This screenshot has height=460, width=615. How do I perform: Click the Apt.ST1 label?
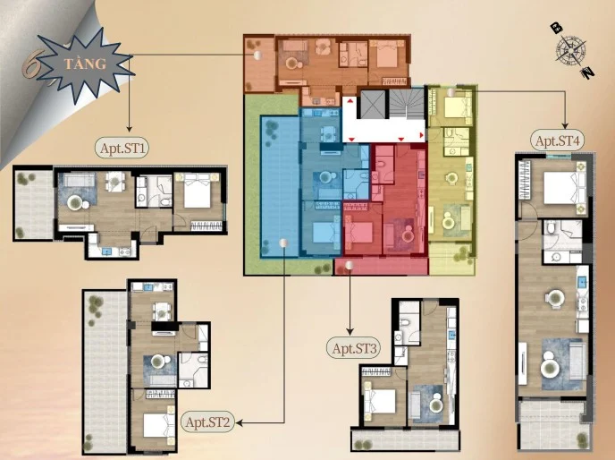(x=122, y=148)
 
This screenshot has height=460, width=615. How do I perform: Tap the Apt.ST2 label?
(x=207, y=422)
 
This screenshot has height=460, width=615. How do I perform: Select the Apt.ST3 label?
(x=353, y=348)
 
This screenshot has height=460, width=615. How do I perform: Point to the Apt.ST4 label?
(x=557, y=141)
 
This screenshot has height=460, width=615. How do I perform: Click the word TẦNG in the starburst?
(x=85, y=64)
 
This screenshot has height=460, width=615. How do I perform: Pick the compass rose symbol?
(x=570, y=50)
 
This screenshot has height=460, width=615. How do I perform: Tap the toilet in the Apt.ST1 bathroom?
(x=166, y=202)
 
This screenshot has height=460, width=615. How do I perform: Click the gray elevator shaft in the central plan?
(x=373, y=104)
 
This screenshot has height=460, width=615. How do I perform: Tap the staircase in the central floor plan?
(x=407, y=103)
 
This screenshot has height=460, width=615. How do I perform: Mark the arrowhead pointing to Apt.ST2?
(x=239, y=422)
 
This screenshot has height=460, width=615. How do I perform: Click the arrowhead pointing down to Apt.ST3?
(x=350, y=332)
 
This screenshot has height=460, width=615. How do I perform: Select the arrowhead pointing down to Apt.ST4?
(x=565, y=125)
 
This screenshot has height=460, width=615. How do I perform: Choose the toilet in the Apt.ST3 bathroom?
(x=407, y=323)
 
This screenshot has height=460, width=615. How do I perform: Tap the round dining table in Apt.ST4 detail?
(x=555, y=297)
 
